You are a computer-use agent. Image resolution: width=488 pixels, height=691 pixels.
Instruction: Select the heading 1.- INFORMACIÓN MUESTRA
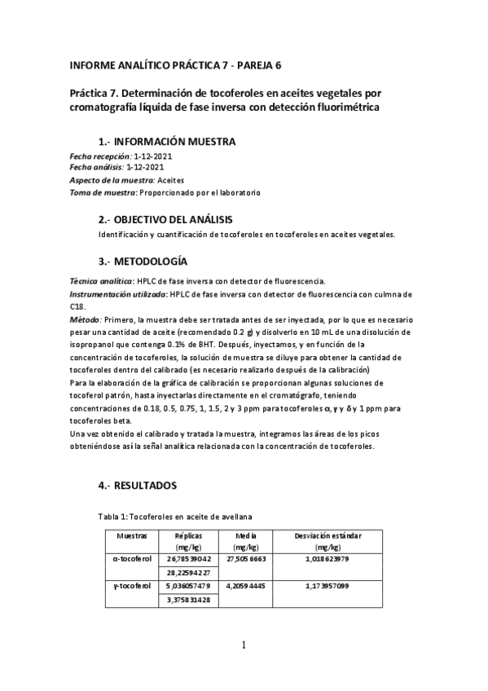[x=167, y=141]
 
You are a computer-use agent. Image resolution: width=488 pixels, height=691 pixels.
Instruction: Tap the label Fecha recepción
[x=99, y=156]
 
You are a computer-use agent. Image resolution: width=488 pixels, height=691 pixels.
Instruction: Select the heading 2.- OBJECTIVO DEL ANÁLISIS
[x=165, y=220]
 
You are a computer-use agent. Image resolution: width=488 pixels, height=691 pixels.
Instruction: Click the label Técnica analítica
[x=101, y=280]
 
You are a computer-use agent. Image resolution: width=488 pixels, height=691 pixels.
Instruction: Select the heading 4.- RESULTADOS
[x=137, y=485]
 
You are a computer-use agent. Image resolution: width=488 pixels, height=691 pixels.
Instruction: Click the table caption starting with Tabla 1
[x=174, y=517]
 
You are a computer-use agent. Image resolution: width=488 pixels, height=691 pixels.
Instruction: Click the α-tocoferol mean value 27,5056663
[x=245, y=559]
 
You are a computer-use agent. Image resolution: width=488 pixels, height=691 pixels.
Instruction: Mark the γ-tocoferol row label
[x=132, y=585]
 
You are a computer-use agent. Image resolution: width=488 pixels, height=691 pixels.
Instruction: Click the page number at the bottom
[x=243, y=646]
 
